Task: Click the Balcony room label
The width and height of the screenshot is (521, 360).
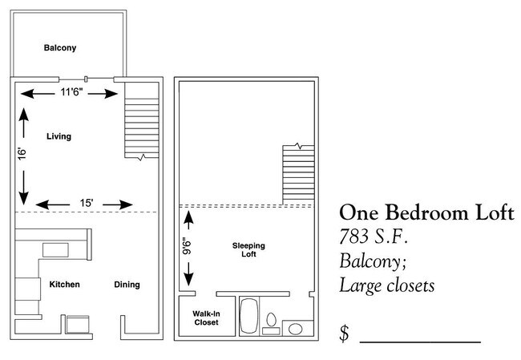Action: (59, 48)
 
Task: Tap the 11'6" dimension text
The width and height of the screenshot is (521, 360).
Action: (74, 94)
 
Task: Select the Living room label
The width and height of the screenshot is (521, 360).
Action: (59, 136)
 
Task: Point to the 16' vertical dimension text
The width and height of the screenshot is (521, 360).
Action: (24, 154)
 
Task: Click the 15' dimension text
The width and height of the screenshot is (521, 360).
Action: (86, 204)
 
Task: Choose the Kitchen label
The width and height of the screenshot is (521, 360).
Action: (64, 285)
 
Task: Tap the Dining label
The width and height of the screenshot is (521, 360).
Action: (127, 285)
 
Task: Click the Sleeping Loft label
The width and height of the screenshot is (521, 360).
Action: (248, 249)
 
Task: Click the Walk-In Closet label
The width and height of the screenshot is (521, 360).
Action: (206, 318)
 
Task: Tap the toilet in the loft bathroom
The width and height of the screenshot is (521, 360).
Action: (271, 322)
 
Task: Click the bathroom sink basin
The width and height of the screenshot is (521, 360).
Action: (295, 328)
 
